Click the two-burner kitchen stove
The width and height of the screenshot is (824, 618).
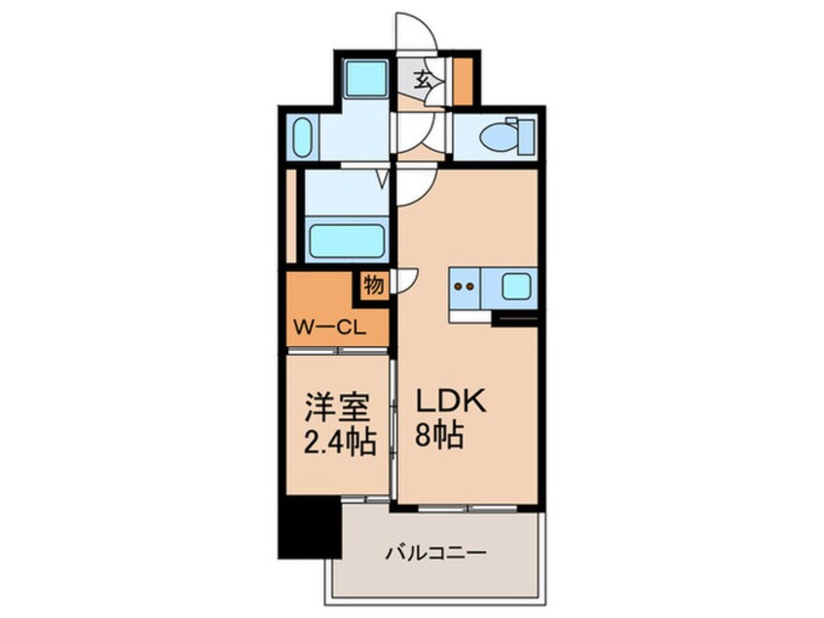[x=466, y=288]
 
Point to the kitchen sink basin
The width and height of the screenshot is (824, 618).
[x=514, y=288]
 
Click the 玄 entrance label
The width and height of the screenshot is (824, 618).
[x=426, y=81]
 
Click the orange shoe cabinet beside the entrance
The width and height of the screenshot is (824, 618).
[x=462, y=82]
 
